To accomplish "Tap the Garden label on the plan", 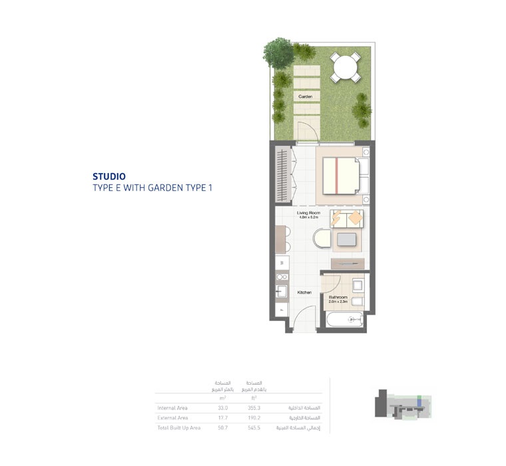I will pos(305,97).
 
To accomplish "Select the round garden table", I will pos(346,67).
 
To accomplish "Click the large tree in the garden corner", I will pos(278,51).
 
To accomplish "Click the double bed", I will pos(340,176).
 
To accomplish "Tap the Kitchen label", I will pos(304,292).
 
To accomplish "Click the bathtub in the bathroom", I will pos(344,320).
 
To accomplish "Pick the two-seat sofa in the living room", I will pos(347,218).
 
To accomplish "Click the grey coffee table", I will pos(347,240).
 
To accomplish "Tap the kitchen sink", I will pos(281,292).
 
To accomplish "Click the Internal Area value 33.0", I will pos(222,407).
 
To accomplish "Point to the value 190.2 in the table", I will pos(254,418).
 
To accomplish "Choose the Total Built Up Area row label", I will pos(178,428).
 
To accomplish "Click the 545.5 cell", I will pos(254,428).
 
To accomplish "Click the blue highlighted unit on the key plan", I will pos(419,400).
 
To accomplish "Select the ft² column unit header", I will pos(254,397).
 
